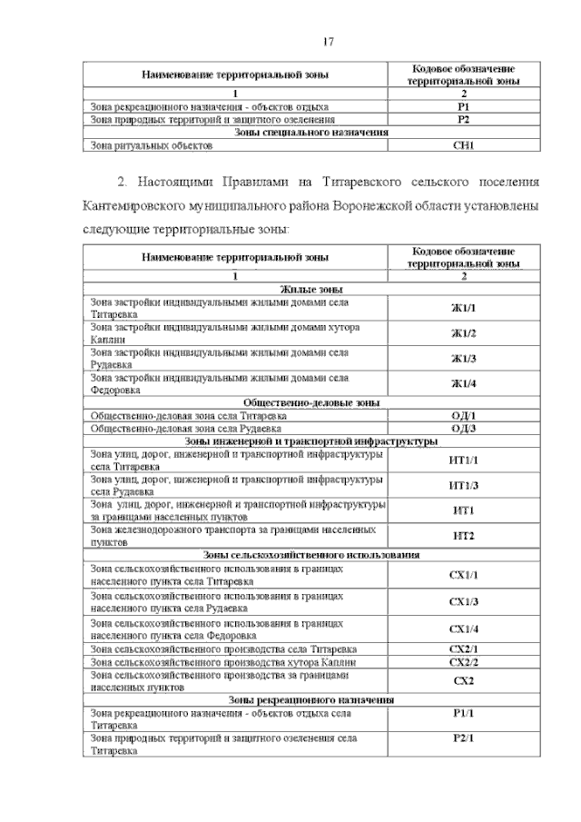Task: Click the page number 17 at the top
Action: click(330, 42)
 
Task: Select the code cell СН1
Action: click(464, 144)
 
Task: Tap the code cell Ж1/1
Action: click(464, 308)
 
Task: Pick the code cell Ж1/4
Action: click(464, 383)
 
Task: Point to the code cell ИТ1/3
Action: click(464, 485)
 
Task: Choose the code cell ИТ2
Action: click(464, 536)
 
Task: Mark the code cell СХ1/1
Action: click(464, 575)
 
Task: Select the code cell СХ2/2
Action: click(464, 663)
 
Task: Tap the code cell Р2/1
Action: click(464, 738)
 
